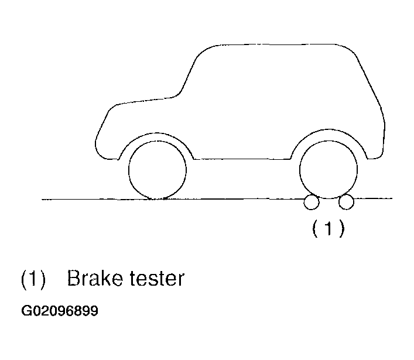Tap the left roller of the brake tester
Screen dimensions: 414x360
[312, 202]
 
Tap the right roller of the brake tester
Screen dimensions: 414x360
[346, 202]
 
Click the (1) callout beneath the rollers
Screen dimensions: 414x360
[329, 228]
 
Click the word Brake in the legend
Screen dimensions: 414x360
[95, 278]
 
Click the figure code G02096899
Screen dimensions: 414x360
[60, 311]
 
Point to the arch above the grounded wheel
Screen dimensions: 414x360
[156, 133]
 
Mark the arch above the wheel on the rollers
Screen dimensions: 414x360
[329, 130]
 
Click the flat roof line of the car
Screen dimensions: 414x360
[277, 44]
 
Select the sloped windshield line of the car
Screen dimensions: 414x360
[189, 71]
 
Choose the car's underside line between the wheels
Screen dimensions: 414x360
[242, 159]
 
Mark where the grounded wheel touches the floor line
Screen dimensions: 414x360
[158, 199]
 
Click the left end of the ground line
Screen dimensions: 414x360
[42, 199]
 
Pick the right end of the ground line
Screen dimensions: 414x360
[392, 198]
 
